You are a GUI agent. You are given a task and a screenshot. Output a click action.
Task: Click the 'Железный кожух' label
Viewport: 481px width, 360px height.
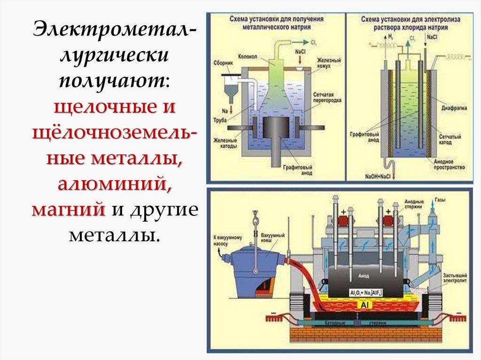[325, 63]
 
